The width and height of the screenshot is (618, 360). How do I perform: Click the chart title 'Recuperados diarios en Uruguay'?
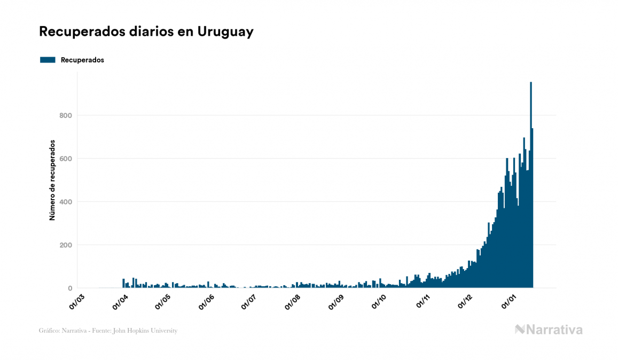tap(146, 32)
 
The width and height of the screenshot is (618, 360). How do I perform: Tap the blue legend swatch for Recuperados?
tap(48, 60)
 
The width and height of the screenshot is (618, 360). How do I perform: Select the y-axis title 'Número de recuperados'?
tap(52, 180)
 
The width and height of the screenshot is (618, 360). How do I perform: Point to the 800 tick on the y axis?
tap(65, 115)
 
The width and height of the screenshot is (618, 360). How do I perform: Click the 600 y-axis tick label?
tap(65, 159)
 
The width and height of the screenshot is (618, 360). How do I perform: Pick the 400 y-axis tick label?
tap(65, 202)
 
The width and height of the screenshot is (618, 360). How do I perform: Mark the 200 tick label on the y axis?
tap(65, 245)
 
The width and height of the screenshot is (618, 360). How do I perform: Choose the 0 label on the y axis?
tap(69, 288)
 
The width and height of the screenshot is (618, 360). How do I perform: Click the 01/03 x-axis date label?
tap(77, 302)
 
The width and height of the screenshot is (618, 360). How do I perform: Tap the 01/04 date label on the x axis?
tap(120, 302)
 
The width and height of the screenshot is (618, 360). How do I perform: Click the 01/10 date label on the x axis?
tap(379, 302)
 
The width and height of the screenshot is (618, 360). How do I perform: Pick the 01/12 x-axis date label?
tap(465, 302)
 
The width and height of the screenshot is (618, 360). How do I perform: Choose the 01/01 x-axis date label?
tap(509, 302)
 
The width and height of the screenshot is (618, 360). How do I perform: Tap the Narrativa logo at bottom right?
tap(549, 330)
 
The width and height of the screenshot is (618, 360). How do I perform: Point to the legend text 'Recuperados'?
tap(82, 60)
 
